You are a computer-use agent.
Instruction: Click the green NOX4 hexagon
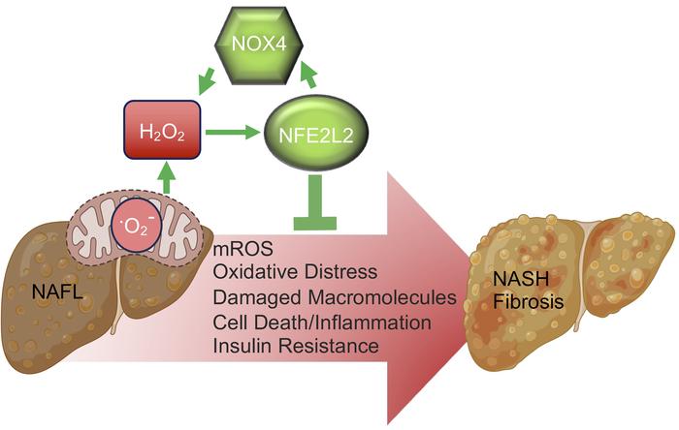[x=259, y=45]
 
